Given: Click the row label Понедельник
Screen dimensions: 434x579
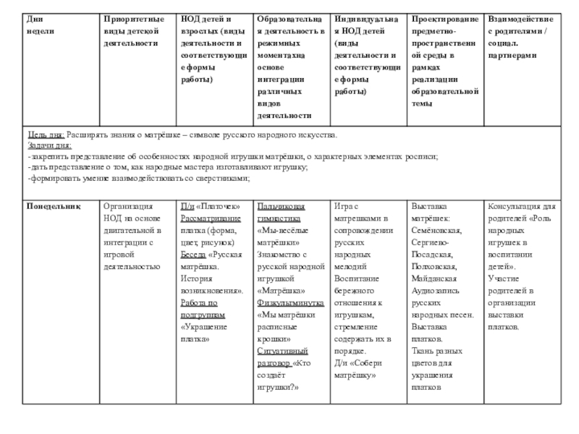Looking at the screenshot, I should (53, 206).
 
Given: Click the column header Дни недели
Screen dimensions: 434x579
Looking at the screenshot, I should (39, 25).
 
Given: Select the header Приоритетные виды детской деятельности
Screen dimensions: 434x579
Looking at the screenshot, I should (133, 30).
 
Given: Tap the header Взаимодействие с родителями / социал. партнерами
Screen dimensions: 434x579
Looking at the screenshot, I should (521, 35).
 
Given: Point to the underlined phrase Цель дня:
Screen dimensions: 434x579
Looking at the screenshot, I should (46, 136).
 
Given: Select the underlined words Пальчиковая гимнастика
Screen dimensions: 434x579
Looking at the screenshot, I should (285, 212).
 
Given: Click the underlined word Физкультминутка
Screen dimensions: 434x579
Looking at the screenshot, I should (288, 303).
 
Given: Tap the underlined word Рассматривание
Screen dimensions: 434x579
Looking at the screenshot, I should (211, 218).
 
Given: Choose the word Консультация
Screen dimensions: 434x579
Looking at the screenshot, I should (516, 206).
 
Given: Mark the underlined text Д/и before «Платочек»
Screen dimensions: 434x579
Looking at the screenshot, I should (187, 206).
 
